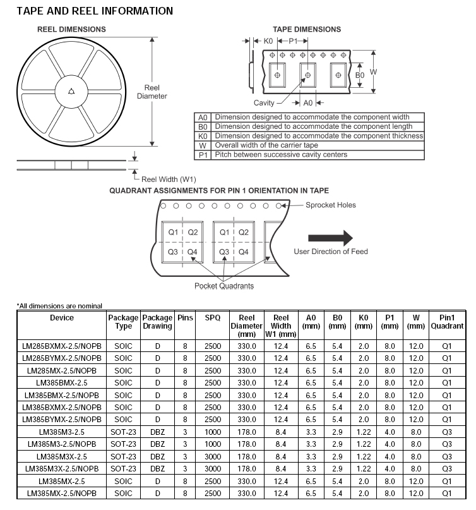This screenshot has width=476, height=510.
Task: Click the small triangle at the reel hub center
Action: (x=71, y=91)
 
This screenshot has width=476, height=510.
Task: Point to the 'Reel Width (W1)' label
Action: (x=169, y=179)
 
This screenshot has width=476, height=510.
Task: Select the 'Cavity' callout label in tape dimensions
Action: (x=264, y=102)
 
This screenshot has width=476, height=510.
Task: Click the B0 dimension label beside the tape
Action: (x=359, y=75)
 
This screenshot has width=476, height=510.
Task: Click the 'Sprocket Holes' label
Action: (x=331, y=205)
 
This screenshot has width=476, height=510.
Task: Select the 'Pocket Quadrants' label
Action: (x=224, y=286)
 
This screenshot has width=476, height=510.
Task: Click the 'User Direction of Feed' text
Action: (x=331, y=252)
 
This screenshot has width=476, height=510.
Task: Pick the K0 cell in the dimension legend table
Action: (x=203, y=136)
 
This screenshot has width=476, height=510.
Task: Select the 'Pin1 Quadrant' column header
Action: (x=447, y=322)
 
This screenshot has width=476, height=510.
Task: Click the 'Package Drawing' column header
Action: (x=157, y=322)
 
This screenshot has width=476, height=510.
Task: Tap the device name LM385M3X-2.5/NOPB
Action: (x=62, y=468)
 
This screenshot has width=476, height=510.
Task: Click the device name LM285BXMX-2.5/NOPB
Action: (x=62, y=346)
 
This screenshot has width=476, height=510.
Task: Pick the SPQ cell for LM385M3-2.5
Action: (x=213, y=432)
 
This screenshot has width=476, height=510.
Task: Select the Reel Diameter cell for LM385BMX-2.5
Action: (x=246, y=382)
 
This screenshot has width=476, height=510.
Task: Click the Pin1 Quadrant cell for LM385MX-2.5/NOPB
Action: (x=447, y=493)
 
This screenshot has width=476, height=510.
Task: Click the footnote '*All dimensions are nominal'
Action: (x=59, y=306)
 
